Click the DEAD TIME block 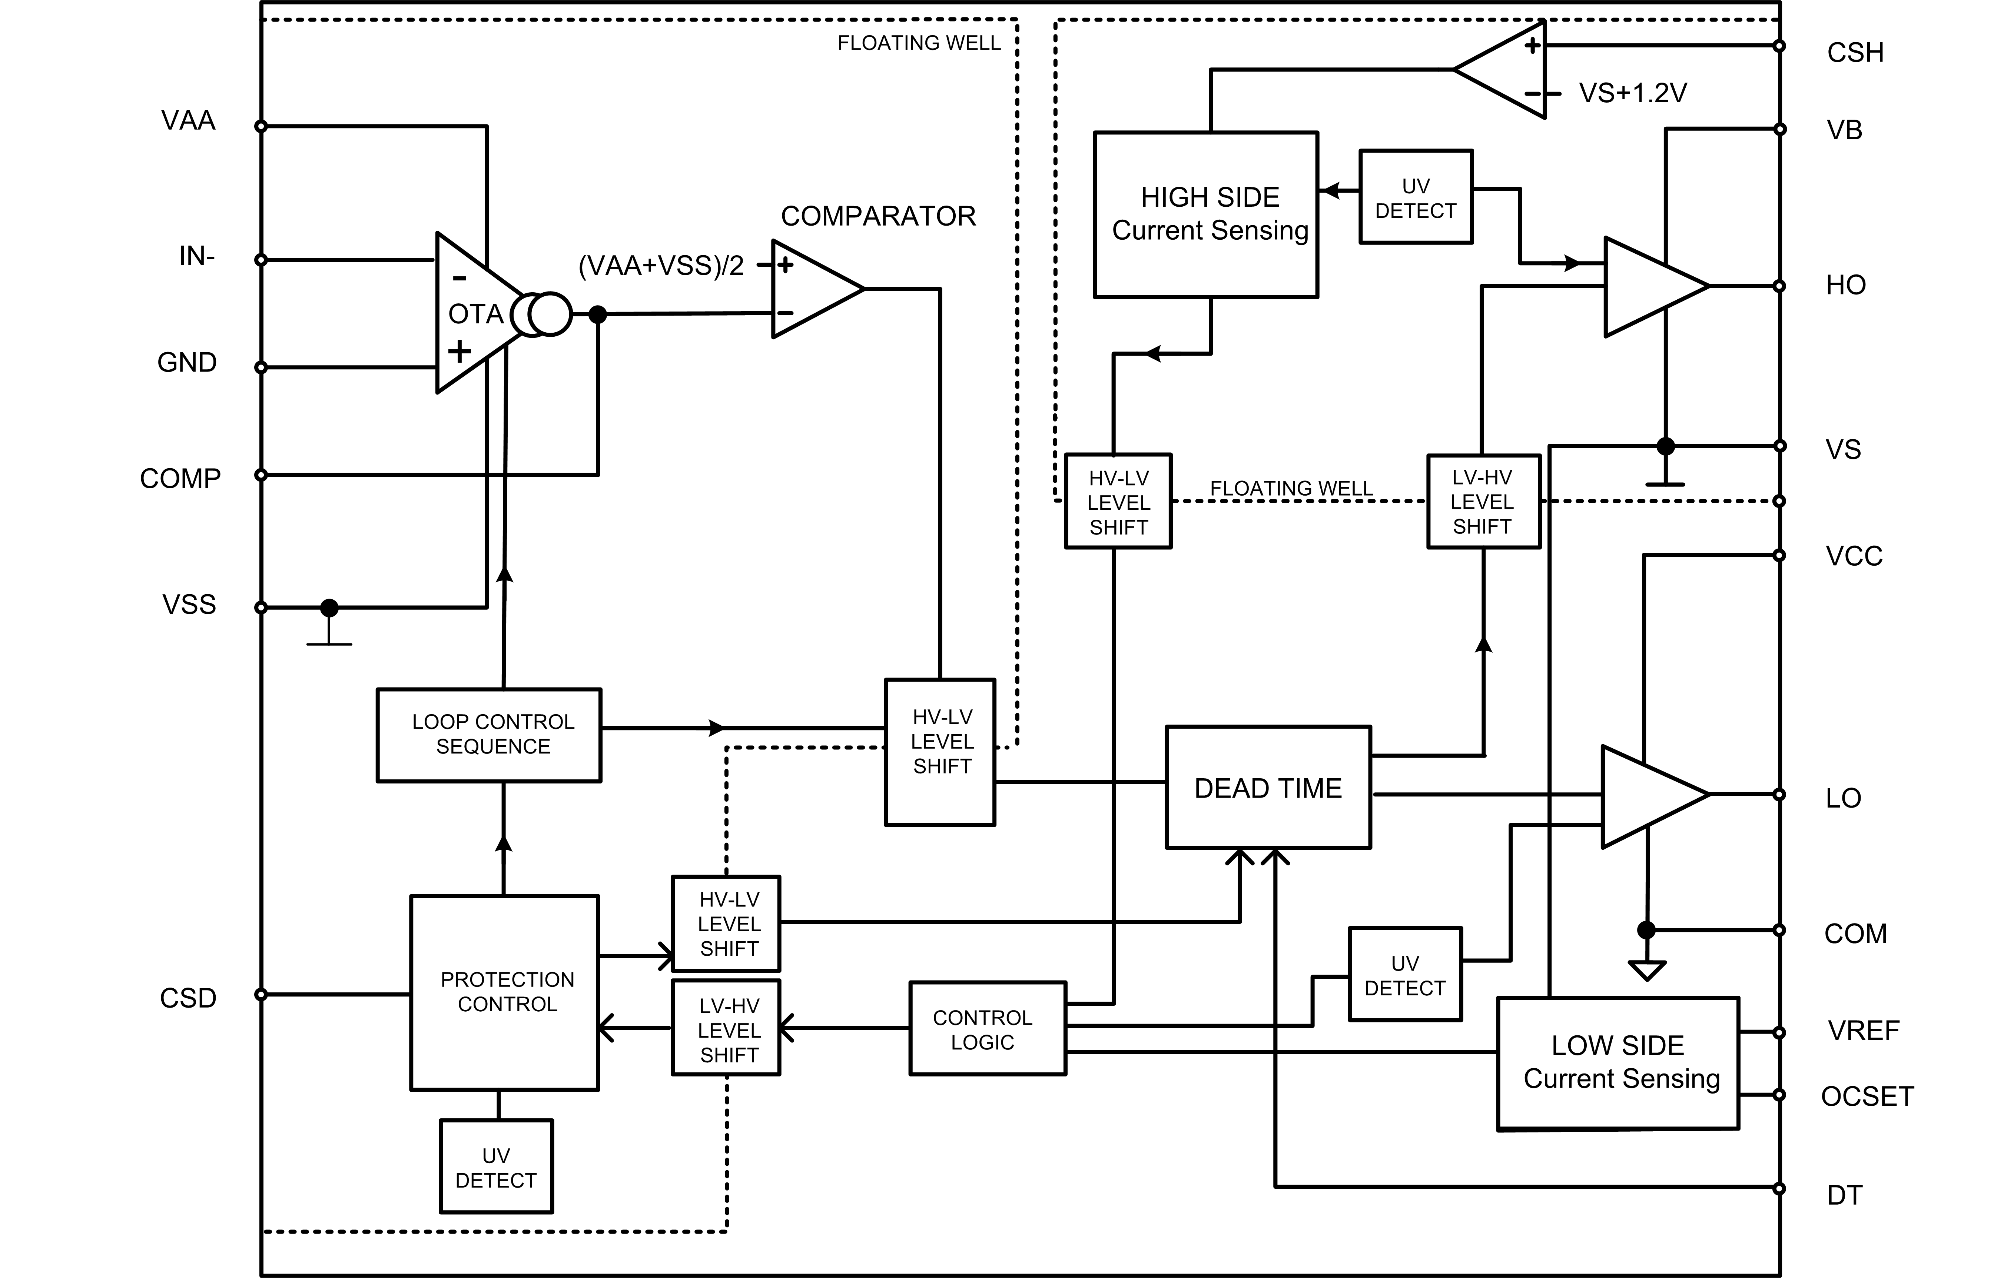coord(1267,787)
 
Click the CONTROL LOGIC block coord(987,1029)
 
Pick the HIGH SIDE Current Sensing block coord(1206,214)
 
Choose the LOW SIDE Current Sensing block coord(1618,1062)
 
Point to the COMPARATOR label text coord(878,216)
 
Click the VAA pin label coord(188,121)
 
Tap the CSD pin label coord(188,998)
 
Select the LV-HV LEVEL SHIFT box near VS coord(1483,502)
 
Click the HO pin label coord(1845,285)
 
